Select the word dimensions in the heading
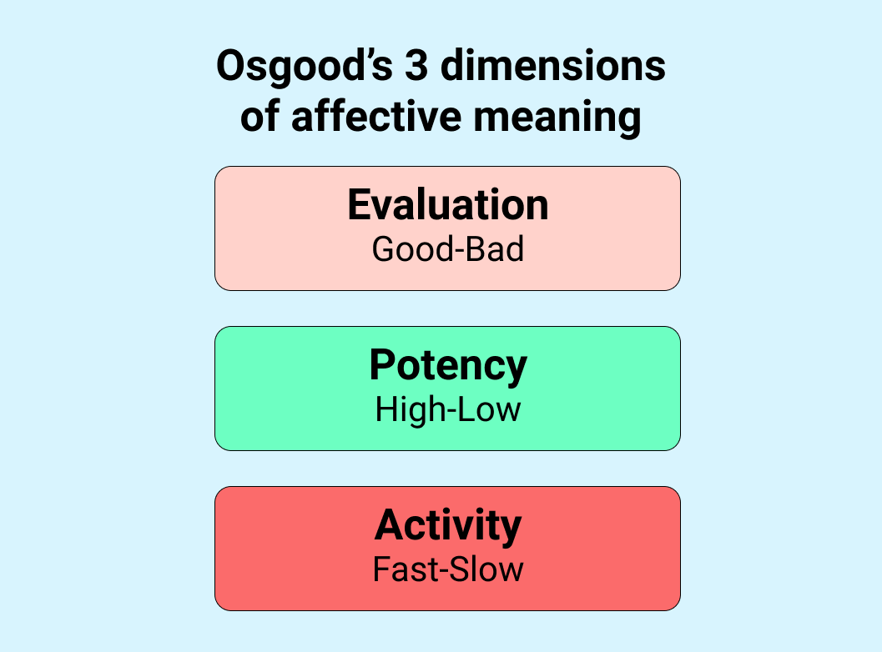point(553,67)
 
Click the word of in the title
point(260,117)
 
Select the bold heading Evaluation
point(448,205)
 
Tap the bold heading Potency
point(448,366)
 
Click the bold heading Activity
point(448,525)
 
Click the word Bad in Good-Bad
point(496,249)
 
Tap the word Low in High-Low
point(493,409)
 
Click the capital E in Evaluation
point(358,205)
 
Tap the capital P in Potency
point(382,365)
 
